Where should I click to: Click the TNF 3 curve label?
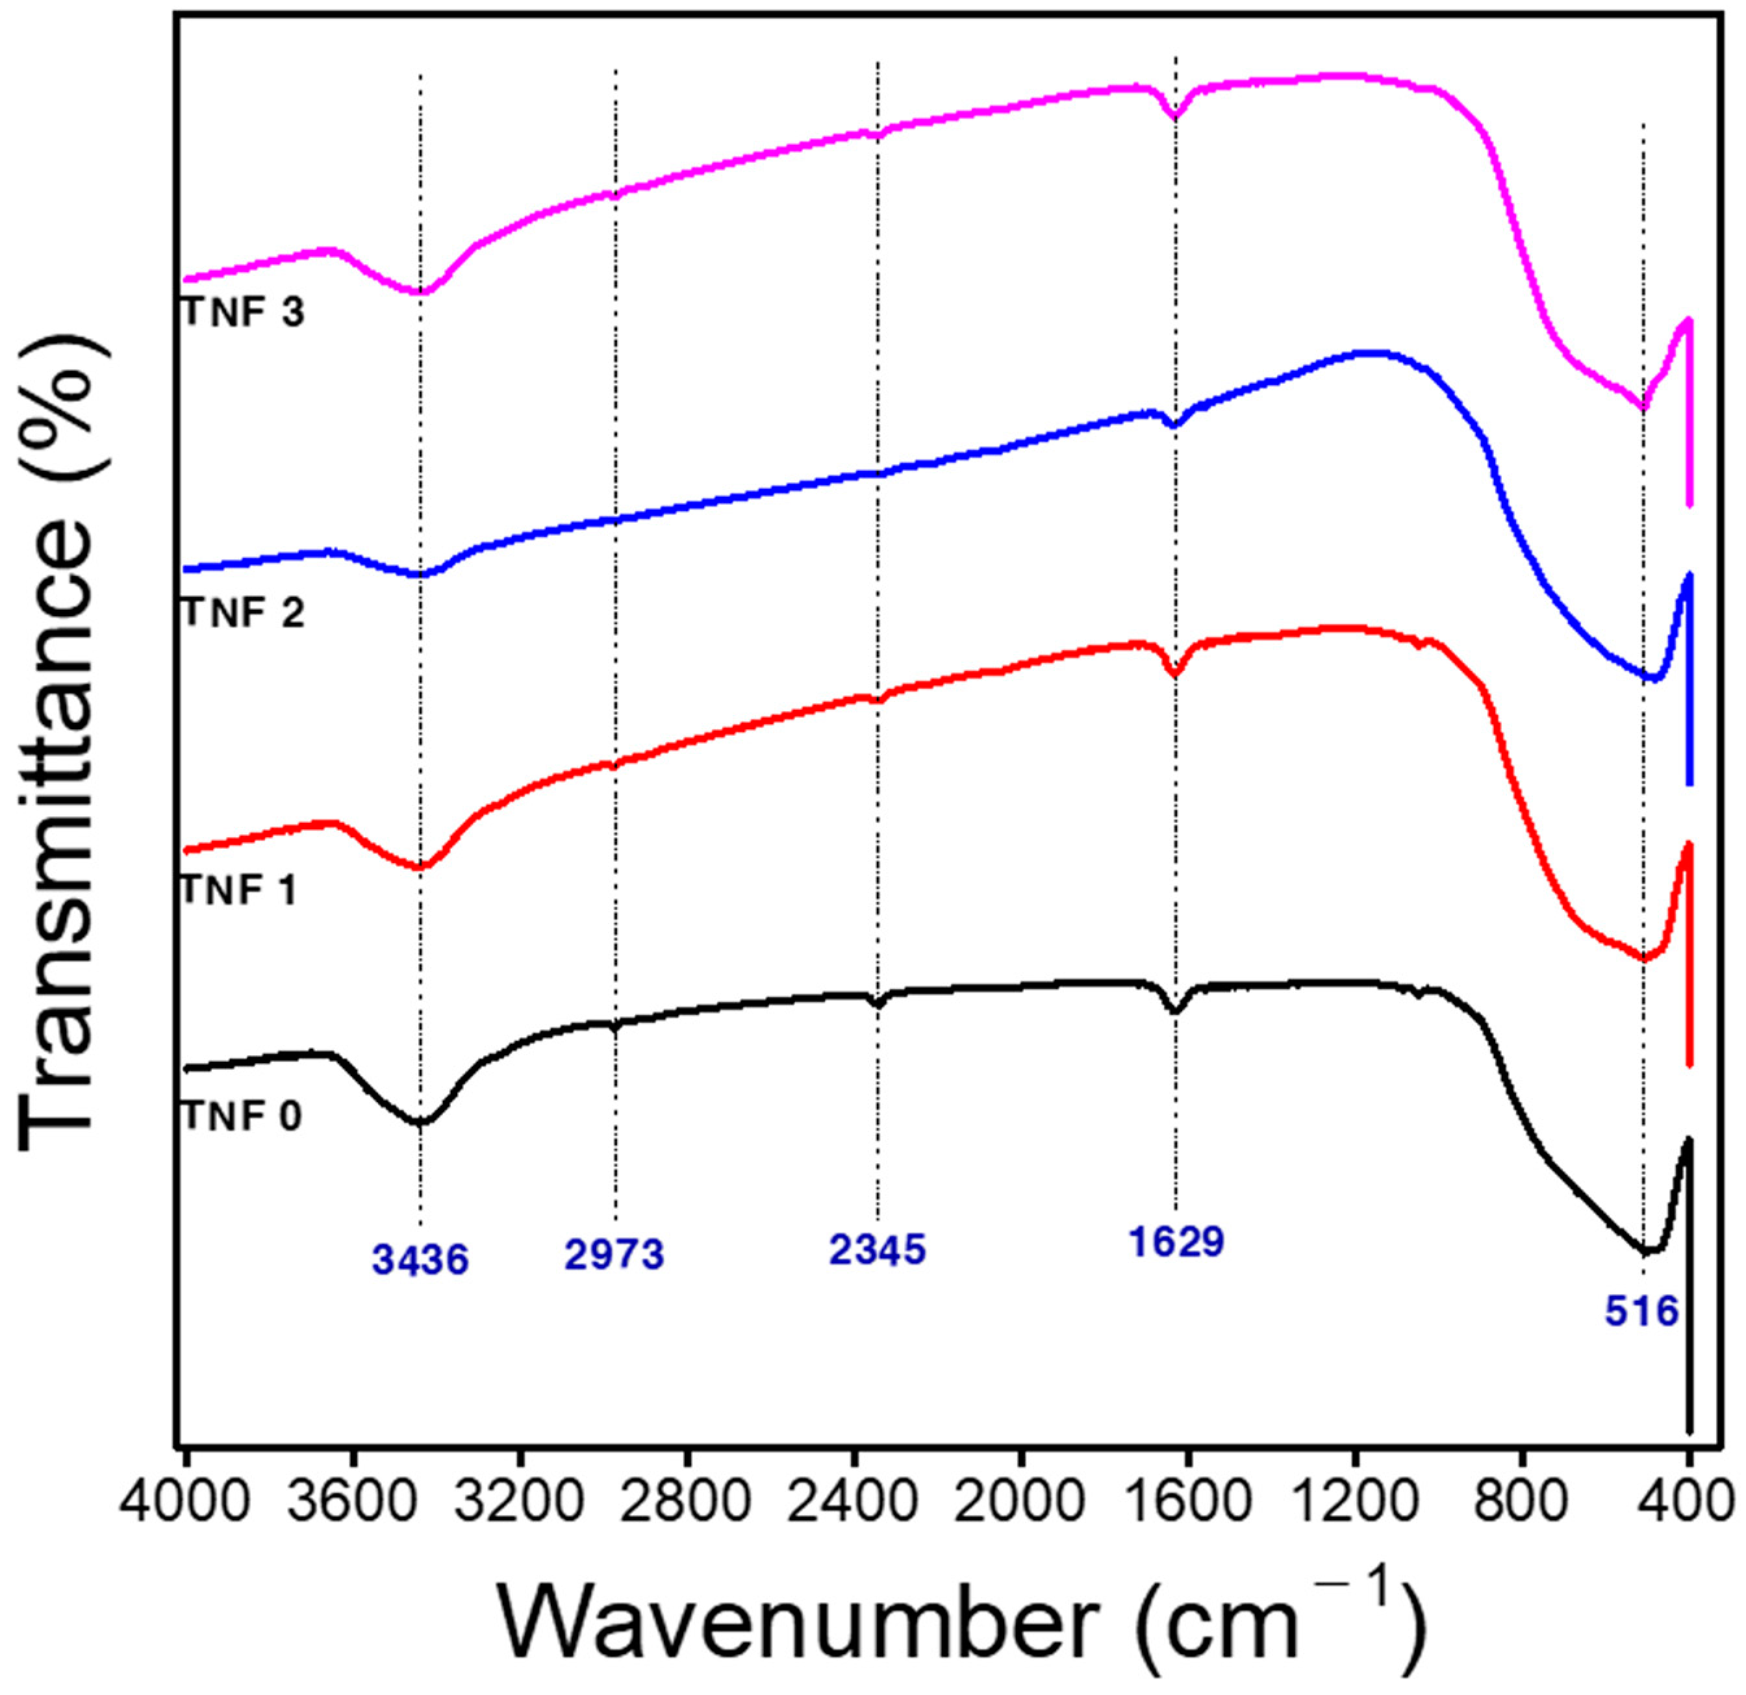243,312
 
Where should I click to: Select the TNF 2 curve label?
243,613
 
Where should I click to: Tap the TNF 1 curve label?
239,889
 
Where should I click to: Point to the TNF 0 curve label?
242,1116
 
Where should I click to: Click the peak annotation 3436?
420,1261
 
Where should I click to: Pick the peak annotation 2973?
614,1254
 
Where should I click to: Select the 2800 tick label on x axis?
687,1504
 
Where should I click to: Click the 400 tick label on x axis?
1687,1504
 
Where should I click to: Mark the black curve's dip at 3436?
420,1122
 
